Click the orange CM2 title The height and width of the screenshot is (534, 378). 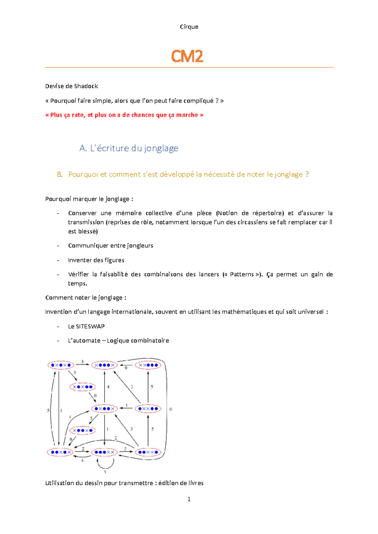[x=187, y=56]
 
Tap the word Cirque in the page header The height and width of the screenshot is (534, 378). [x=189, y=27]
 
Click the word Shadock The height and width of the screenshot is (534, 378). [x=86, y=86]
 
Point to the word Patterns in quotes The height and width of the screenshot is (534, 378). [x=242, y=274]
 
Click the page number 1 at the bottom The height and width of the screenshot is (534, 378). [x=189, y=499]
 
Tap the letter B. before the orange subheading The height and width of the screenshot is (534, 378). [x=60, y=175]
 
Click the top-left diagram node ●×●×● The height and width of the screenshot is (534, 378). [x=61, y=365]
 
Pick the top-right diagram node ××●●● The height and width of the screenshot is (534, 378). [x=148, y=365]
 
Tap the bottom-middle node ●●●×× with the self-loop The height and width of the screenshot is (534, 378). [x=104, y=452]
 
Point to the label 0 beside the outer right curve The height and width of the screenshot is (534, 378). [x=171, y=409]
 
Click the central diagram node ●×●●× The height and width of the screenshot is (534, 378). [x=104, y=409]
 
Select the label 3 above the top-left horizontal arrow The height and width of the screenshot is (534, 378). [x=83, y=362]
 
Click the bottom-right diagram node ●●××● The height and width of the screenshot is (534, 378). [x=148, y=452]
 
